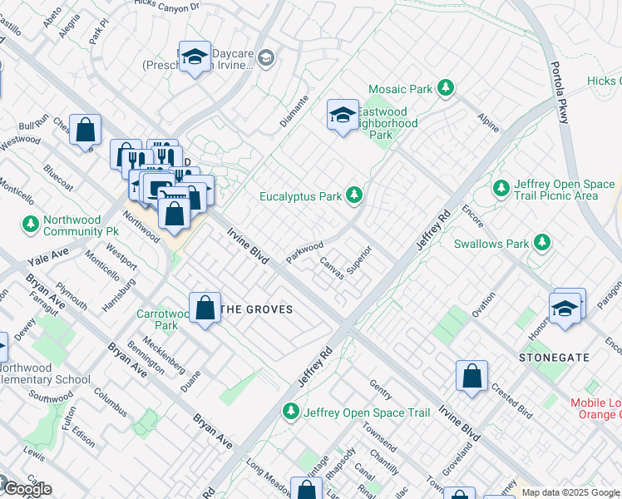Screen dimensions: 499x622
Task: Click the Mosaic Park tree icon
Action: [447, 86]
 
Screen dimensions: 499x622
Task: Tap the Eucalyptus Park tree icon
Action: [355, 195]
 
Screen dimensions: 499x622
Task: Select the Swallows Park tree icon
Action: [542, 242]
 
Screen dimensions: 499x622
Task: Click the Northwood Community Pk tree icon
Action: [31, 224]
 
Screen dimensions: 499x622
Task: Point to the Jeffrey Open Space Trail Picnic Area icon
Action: [501, 188]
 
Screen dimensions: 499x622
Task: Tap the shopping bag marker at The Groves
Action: [205, 309]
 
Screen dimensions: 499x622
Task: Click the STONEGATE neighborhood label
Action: [555, 357]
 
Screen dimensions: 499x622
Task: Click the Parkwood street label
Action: [305, 249]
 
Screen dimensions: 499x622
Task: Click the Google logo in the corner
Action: [27, 489]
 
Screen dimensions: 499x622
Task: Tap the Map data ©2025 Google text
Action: [570, 492]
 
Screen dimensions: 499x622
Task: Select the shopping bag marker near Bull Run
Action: [85, 130]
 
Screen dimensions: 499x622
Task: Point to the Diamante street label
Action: [294, 112]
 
